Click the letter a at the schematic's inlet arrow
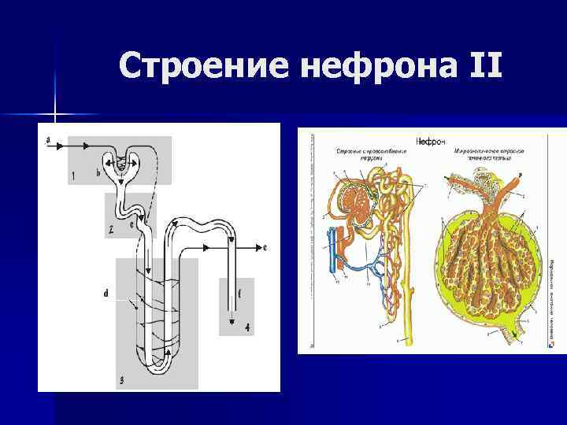pos(49,140)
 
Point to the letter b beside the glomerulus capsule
pos(98,172)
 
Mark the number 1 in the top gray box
pos(72,176)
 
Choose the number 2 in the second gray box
pos(111,229)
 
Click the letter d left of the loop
pos(106,294)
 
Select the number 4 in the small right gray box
pos(247,327)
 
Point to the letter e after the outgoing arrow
pos(265,247)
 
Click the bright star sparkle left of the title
pos(56,115)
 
